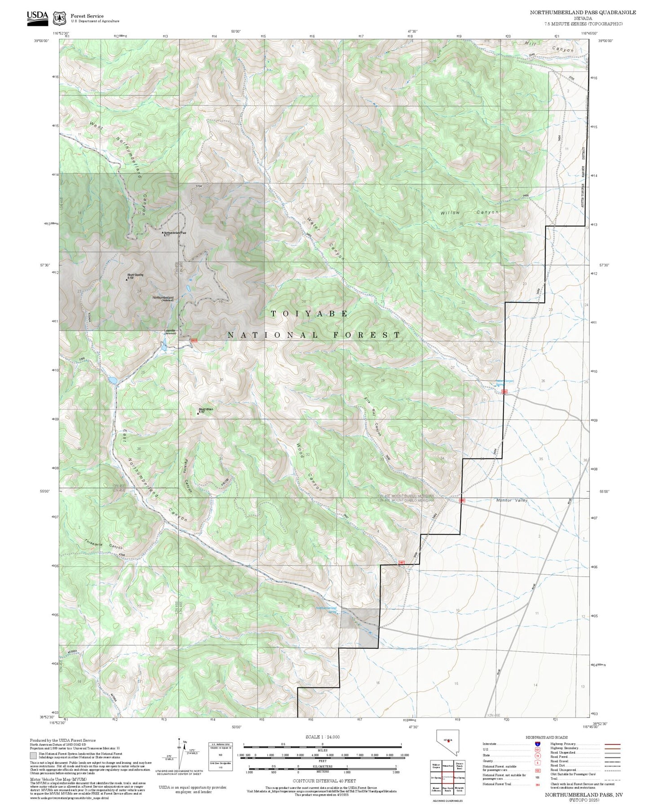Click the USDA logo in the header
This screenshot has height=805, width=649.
pyautogui.click(x=37, y=17)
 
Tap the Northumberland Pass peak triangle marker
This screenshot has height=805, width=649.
pyautogui.click(x=163, y=233)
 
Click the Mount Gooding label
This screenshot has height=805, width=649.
pyautogui.click(x=135, y=275)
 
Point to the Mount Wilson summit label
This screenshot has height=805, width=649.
pyautogui.click(x=206, y=409)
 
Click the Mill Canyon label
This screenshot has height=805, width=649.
pyautogui.click(x=549, y=47)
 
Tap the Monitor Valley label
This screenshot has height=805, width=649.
pyautogui.click(x=512, y=500)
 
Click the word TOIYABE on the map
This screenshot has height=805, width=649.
pyautogui.click(x=309, y=314)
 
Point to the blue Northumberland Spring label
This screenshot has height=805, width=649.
pyautogui.click(x=326, y=609)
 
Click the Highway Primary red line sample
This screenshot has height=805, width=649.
pyautogui.click(x=612, y=744)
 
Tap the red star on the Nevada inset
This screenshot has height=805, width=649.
pyautogui.click(x=448, y=753)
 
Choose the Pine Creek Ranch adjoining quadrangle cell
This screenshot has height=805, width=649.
pyautogui.click(x=447, y=789)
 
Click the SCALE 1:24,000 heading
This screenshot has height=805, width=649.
pyautogui.click(x=322, y=737)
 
